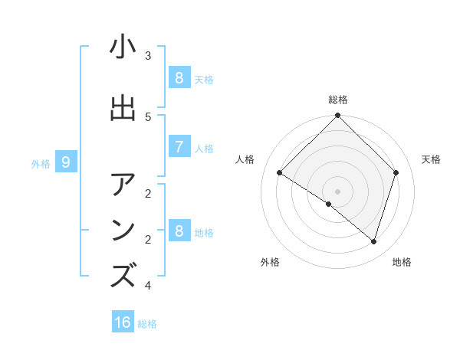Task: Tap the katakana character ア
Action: pos(123,185)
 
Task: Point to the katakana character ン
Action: pos(123,231)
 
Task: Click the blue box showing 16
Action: pos(123,322)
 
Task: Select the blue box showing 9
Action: pos(66,162)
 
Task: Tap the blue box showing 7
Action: pos(179,146)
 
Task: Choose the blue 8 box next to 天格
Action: pos(179,77)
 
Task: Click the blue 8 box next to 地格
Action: pos(179,231)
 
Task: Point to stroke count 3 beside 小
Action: pos(148,55)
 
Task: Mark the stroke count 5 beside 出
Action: pos(148,116)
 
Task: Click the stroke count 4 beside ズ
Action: pos(148,286)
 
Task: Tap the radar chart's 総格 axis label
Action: pos(338,100)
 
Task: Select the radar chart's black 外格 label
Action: pos(269,262)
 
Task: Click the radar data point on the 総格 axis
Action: pos(337,116)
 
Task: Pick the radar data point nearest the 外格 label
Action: pos(328,205)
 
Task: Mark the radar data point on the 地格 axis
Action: pos(373,241)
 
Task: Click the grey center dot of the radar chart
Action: pos(337,191)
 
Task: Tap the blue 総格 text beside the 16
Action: pos(147,324)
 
